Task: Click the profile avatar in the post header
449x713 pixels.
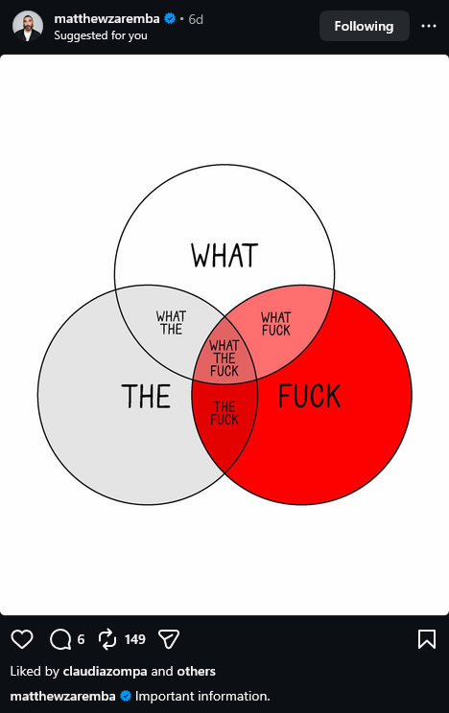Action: coord(28,26)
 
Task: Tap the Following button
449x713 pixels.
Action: coord(364,26)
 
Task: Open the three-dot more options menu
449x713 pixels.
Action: coord(429,26)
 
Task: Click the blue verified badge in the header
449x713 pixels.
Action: coord(170,18)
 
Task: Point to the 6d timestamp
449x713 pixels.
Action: coord(196,19)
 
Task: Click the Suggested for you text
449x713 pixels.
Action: coord(101,35)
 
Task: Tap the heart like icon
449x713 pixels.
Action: coord(22,639)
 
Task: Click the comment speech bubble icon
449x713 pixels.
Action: coord(60,639)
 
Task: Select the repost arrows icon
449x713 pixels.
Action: coord(107,639)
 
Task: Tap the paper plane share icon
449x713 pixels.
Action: coord(169,639)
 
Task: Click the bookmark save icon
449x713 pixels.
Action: coord(427,639)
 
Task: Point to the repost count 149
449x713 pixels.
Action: coord(134,639)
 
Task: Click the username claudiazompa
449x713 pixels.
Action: coord(106,671)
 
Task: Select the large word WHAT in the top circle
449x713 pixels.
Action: coord(224,255)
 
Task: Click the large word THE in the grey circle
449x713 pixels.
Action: coord(146,396)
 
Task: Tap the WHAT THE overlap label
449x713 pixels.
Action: coord(171,322)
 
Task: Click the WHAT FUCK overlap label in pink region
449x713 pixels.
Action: coord(276,323)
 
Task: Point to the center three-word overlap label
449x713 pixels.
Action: coord(224,357)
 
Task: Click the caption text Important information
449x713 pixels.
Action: coord(202,696)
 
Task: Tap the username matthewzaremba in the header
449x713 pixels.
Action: coord(107,18)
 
